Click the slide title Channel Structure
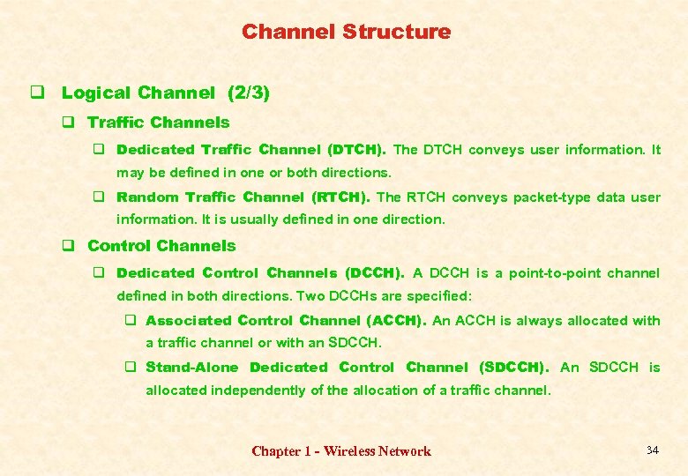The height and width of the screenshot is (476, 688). pos(346,33)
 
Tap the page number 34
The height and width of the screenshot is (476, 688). pos(652,450)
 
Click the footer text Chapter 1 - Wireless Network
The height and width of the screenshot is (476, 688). pos(341,451)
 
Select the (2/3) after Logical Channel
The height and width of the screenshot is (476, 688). pos(249,93)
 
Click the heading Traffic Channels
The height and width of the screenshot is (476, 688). pos(158,123)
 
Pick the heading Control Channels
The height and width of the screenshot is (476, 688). pos(161,246)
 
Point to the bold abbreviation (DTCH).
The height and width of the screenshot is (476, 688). pos(356,150)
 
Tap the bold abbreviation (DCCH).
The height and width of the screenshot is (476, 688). pos(375,273)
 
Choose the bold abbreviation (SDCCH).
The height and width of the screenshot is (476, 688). pos(513,368)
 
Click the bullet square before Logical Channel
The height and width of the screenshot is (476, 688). pos(38,93)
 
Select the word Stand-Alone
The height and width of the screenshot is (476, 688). pos(191,368)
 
